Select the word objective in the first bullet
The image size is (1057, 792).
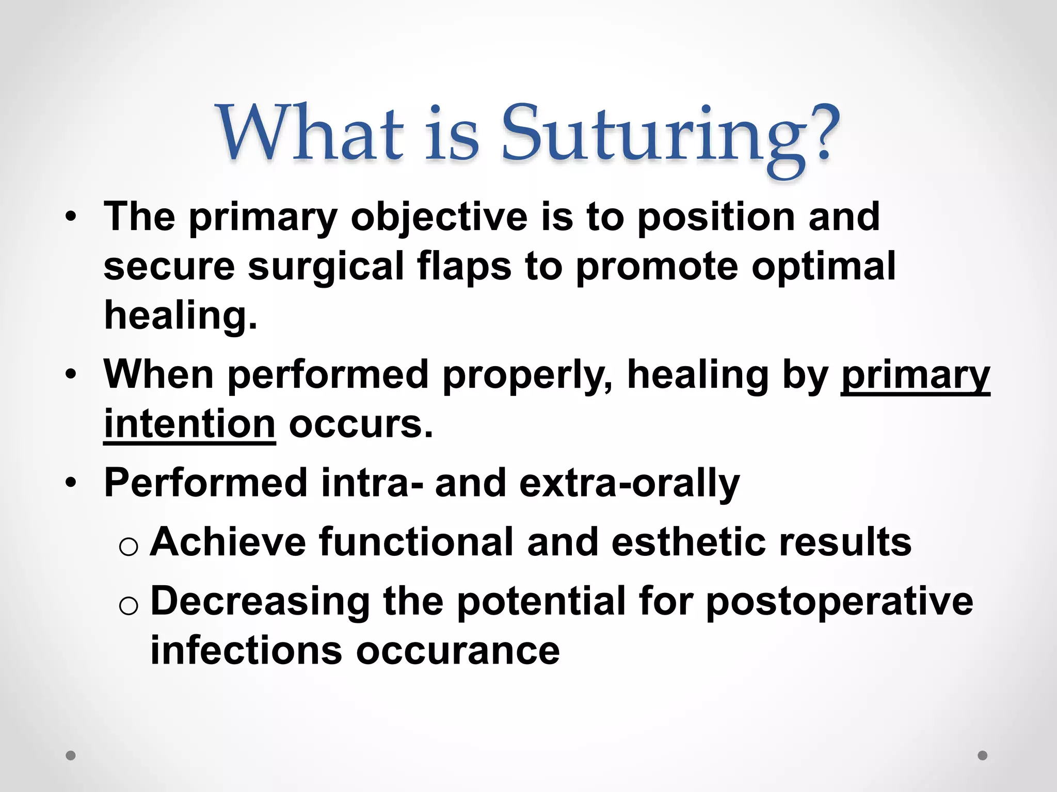[439, 218]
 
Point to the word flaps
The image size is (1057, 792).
[464, 267]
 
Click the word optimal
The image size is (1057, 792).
[823, 267]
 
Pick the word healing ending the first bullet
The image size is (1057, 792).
[180, 316]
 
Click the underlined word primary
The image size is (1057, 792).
[915, 375]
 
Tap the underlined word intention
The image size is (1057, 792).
[189, 425]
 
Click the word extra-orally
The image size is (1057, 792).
[629, 484]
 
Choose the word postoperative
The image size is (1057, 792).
[839, 601]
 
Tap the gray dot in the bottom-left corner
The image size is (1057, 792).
[71, 755]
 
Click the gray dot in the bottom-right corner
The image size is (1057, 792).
[983, 755]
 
